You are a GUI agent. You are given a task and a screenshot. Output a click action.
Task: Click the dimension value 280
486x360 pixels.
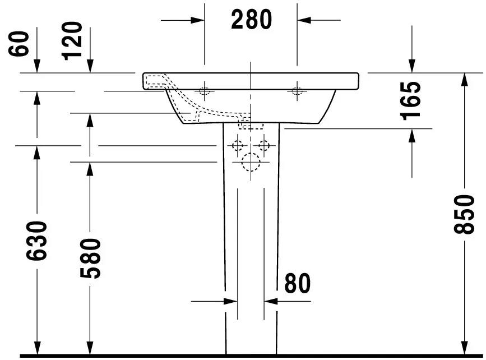251,20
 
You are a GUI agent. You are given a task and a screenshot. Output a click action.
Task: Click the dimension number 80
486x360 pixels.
297,284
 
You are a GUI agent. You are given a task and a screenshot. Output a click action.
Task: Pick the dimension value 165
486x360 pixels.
411,100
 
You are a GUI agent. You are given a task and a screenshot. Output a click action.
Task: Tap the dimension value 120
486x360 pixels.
73,40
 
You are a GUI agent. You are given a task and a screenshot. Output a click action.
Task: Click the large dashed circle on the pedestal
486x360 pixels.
251,163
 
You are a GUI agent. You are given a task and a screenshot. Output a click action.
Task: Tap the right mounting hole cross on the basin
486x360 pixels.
297,91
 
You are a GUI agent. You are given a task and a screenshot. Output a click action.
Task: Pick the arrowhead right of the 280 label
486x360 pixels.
303,20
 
